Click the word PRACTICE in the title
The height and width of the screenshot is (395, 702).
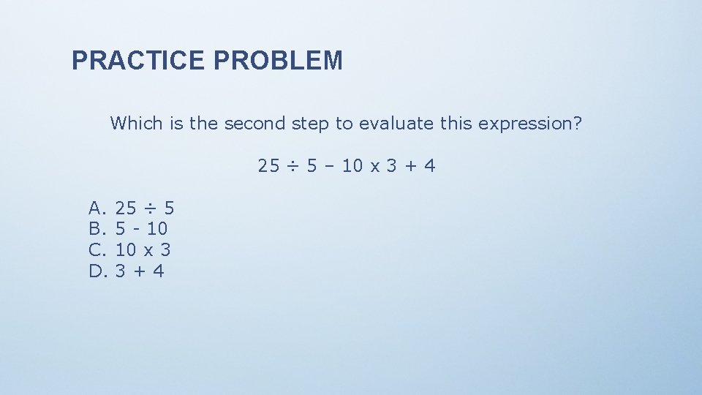[x=139, y=61]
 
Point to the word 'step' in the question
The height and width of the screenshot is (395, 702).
[x=311, y=124]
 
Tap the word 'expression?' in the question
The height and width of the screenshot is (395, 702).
[x=530, y=124]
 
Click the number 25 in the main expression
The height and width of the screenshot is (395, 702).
[x=268, y=166]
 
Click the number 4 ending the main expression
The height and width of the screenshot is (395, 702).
[x=429, y=166]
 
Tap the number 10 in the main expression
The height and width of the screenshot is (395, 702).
[x=352, y=166]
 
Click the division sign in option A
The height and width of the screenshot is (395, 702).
[x=151, y=208]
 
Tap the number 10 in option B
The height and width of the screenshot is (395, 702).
[x=157, y=229]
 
